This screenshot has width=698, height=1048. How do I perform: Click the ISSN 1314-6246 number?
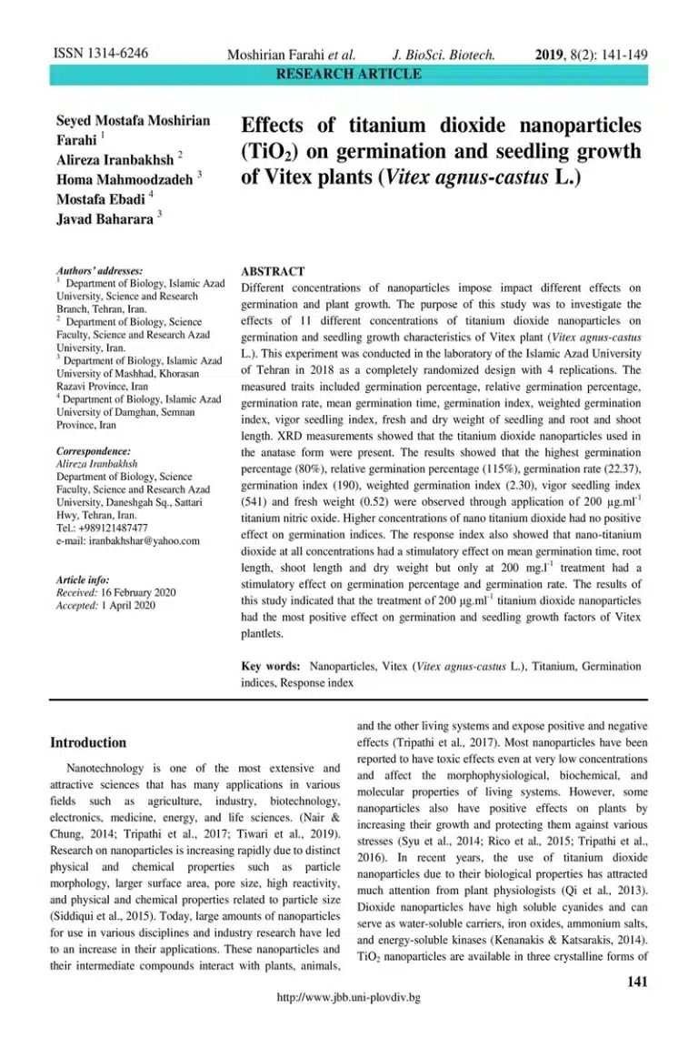(101, 54)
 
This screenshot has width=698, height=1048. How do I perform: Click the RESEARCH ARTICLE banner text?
(349, 74)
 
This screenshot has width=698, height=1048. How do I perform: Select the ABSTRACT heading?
(272, 271)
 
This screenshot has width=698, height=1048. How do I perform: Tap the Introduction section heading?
(88, 742)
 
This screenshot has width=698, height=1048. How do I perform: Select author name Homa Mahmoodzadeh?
(125, 179)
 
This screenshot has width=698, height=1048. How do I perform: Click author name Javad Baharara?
(105, 219)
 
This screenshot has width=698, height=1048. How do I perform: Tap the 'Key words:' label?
(271, 666)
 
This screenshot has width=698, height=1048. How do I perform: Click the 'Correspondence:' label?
(94, 451)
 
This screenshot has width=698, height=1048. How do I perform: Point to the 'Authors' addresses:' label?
(100, 271)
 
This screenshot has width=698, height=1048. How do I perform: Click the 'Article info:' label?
(83, 579)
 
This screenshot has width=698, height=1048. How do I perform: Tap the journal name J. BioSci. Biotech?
(443, 55)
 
